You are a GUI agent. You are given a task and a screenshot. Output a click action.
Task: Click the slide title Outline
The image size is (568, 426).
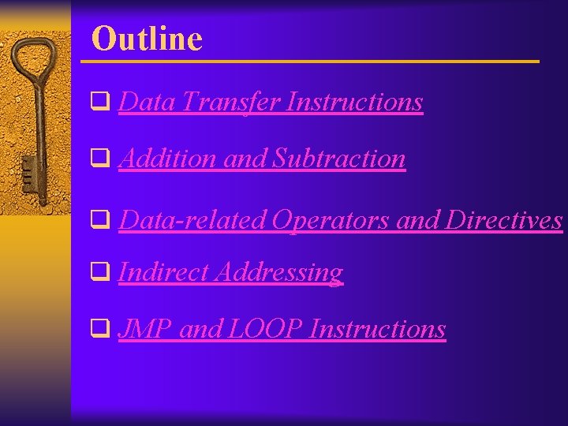(147, 38)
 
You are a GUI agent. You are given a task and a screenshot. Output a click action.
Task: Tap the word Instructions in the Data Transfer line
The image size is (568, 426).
(355, 102)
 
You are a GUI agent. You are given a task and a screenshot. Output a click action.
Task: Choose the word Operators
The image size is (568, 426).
(331, 220)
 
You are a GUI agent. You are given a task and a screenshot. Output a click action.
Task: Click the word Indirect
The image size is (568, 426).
(163, 272)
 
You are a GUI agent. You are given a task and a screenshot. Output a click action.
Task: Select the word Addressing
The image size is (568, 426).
(278, 272)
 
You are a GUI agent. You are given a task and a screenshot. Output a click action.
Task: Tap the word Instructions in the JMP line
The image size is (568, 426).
(378, 329)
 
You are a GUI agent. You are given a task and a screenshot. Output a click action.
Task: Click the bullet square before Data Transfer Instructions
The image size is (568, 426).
(100, 102)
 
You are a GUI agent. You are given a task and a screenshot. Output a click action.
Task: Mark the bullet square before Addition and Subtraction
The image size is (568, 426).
(100, 159)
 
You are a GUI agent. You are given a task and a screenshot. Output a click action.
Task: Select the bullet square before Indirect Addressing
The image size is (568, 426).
(100, 272)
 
